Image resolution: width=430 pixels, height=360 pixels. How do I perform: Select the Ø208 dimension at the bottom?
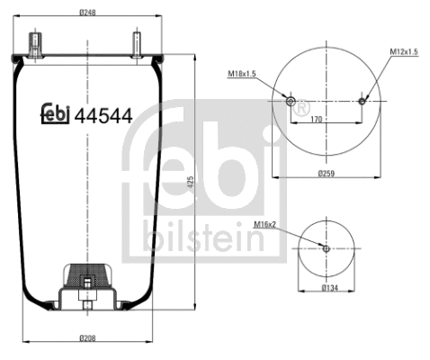click(x=87, y=337)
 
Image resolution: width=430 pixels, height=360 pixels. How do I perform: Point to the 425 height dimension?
click(x=190, y=182)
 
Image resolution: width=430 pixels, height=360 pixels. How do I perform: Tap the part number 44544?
click(x=103, y=115)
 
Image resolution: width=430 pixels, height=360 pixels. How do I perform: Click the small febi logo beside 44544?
click(x=56, y=114)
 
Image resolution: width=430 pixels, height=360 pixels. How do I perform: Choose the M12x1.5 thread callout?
click(x=404, y=53)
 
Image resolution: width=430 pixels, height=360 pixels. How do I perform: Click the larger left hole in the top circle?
click(x=290, y=101)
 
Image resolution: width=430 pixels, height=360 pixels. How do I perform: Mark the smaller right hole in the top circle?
click(x=362, y=101)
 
